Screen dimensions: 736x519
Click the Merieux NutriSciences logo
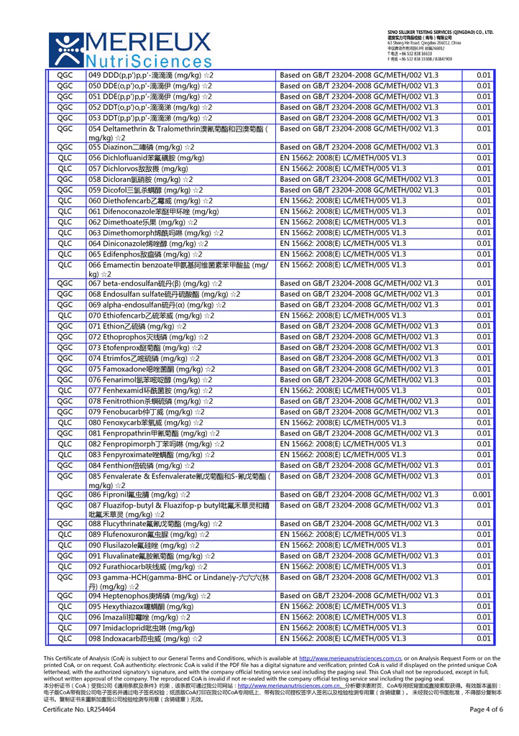130,49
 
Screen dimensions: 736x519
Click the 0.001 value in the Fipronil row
482,494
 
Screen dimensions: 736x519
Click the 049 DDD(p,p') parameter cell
150,75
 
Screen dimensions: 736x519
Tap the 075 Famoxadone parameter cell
151,369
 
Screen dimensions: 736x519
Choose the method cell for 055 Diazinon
359,147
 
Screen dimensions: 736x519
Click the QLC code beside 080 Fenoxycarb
65,423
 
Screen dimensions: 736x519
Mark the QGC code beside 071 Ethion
65,326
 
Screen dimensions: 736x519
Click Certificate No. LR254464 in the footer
79,709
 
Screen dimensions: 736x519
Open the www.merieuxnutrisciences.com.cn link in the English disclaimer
349,658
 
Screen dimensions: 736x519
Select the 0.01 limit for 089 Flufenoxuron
483,534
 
